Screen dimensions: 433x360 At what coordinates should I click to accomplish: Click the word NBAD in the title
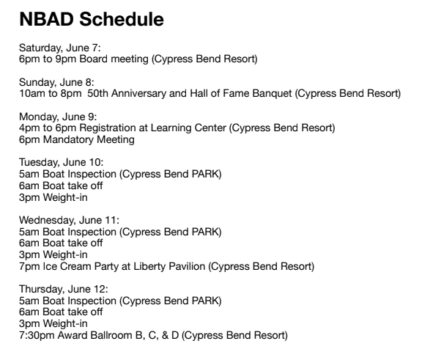pos(46,19)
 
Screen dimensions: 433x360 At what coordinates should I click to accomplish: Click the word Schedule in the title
pos(122,19)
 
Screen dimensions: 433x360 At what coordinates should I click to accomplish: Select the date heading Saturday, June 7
pos(59,48)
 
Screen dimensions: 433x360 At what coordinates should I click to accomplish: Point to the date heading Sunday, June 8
pos(56,82)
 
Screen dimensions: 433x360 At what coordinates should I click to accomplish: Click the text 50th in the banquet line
pos(97,93)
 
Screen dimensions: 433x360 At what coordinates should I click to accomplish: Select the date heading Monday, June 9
pos(58,117)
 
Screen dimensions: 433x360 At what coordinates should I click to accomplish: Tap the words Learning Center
pos(188,128)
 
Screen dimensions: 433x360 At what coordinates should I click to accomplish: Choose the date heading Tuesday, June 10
pos(61,163)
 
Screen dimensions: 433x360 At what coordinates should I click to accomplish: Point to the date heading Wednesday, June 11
pos(69,220)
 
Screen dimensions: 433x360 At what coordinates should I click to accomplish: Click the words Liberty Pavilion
pos(169,267)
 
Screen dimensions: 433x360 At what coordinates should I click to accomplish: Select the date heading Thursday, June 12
pos(63,290)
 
